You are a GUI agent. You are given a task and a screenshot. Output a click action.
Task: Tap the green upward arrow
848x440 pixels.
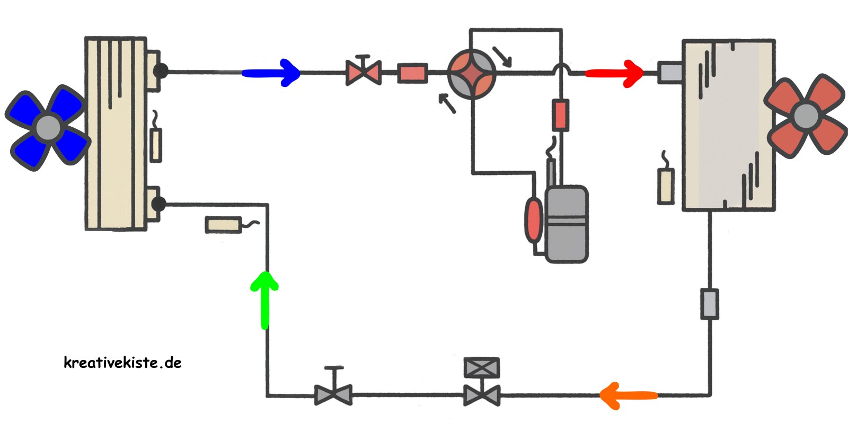click(264, 300)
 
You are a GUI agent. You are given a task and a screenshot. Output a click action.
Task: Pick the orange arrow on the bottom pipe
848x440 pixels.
click(629, 395)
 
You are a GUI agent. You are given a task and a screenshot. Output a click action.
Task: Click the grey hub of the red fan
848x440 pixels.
click(806, 115)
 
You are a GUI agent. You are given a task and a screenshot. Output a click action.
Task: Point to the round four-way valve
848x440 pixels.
click(472, 74)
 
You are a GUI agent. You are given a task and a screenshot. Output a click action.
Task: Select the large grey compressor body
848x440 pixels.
click(567, 224)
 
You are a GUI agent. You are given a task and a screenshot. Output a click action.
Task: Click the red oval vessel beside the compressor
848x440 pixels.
click(533, 219)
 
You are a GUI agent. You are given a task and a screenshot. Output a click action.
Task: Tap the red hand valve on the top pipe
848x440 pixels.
click(363, 73)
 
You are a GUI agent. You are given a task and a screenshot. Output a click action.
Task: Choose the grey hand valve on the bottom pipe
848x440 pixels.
click(333, 394)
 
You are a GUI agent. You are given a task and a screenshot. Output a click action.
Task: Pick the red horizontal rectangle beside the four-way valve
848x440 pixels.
click(412, 73)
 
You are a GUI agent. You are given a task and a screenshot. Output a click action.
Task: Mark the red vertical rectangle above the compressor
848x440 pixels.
click(560, 115)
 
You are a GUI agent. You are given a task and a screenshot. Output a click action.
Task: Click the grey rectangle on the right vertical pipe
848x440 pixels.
click(710, 304)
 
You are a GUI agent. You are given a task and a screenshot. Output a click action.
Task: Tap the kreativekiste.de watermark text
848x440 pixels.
click(122, 363)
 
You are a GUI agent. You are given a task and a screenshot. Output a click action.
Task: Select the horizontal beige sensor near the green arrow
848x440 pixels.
click(223, 225)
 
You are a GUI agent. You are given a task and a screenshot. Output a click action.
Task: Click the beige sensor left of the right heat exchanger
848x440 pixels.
click(666, 186)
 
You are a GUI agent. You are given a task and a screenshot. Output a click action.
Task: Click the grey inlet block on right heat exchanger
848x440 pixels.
click(670, 73)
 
